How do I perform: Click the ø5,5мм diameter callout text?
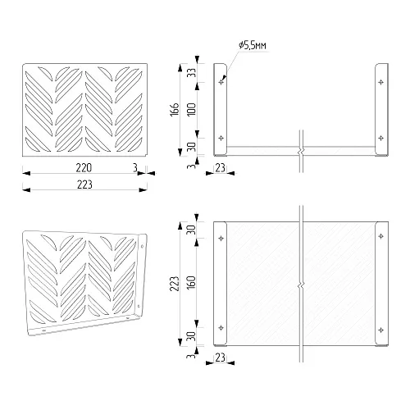pos(252,45)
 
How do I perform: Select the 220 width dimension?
pos(84,168)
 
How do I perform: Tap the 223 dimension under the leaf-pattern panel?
pos(84,184)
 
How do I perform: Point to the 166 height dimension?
pos(175,110)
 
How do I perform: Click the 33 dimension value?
pos(193,72)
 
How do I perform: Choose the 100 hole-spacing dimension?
pos(192,110)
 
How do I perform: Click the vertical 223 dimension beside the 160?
pos(175,284)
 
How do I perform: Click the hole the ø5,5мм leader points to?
pos(221,82)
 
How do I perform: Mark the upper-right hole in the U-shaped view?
pos(380,82)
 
